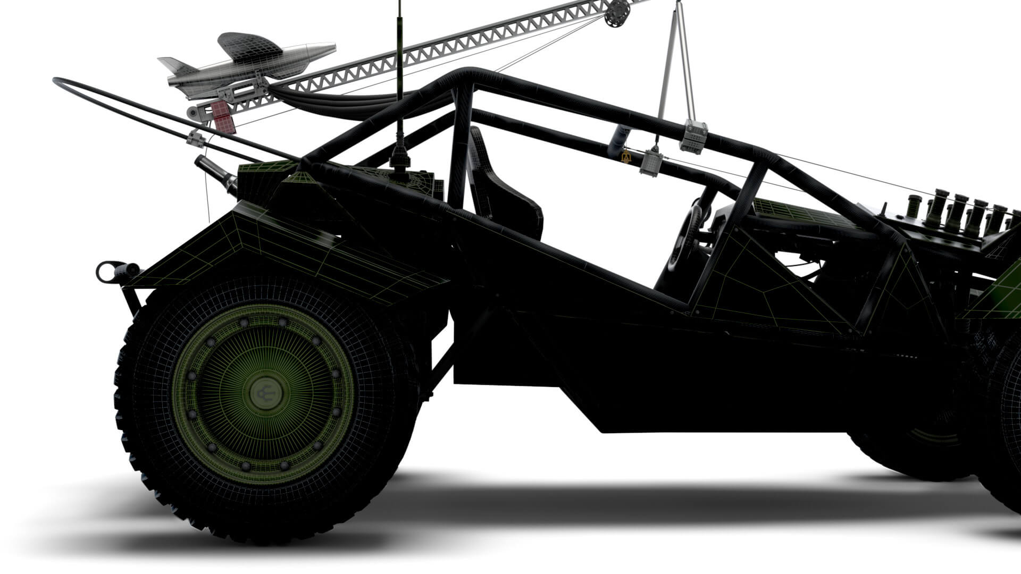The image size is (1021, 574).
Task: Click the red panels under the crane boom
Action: tap(222, 116)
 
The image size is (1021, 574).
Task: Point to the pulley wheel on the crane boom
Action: tap(616, 12)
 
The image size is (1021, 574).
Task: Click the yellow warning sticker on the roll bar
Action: tap(625, 157)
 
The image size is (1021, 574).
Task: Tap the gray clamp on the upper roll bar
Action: tap(694, 136)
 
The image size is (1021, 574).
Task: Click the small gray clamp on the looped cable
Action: tap(196, 139)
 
